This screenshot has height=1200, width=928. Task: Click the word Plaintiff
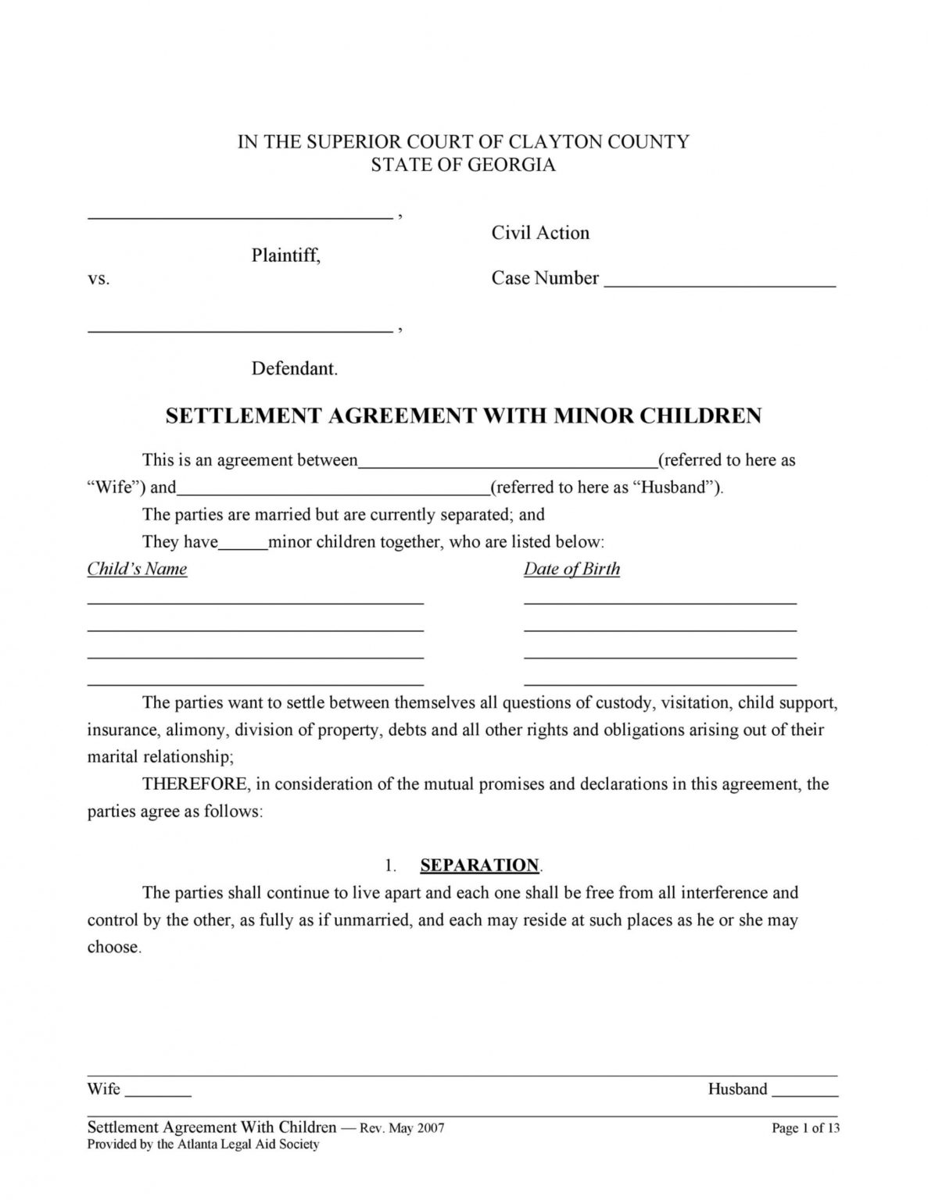click(285, 255)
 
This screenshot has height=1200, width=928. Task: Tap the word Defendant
click(294, 369)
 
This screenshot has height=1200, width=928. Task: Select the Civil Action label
click(540, 233)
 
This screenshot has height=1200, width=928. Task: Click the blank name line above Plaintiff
click(239, 215)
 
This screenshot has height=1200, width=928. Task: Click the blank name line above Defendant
click(239, 329)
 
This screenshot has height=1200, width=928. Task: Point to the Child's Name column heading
click(137, 569)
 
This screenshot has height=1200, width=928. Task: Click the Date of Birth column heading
click(571, 569)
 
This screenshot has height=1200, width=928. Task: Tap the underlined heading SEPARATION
click(479, 865)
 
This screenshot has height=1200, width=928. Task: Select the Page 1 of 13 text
click(805, 1128)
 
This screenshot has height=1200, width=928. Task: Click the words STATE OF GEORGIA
click(463, 165)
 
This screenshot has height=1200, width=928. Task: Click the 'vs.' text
click(99, 279)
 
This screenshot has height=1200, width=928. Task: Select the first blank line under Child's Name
click(255, 602)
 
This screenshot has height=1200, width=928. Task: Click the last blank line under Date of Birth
click(660, 682)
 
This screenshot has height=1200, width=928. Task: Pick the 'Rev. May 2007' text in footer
click(401, 1128)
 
